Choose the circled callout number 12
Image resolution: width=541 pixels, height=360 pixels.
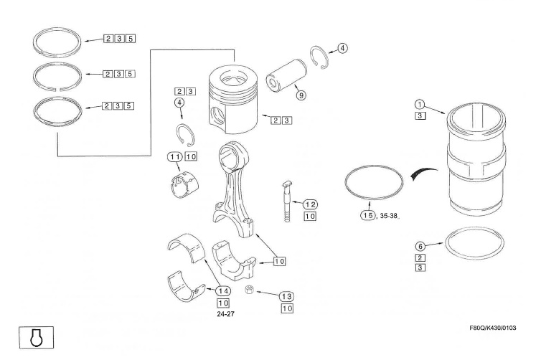[310, 204]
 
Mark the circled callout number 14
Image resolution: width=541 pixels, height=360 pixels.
[223, 290]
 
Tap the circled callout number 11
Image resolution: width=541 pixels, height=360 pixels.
[174, 157]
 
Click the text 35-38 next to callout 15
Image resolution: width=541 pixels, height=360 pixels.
[389, 215]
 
